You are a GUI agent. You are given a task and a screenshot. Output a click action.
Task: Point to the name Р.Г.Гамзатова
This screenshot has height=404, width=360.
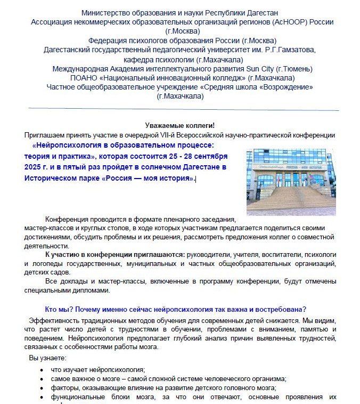point(287,50)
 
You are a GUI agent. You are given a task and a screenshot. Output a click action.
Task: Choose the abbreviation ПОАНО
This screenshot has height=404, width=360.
point(82,78)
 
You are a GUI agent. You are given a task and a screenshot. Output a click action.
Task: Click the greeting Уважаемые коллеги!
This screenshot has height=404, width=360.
point(179,125)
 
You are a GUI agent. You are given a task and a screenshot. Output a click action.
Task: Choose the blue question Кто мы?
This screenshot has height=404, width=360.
point(58,309)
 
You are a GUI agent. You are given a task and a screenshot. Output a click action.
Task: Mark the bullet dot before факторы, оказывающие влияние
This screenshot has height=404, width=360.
point(42,388)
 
